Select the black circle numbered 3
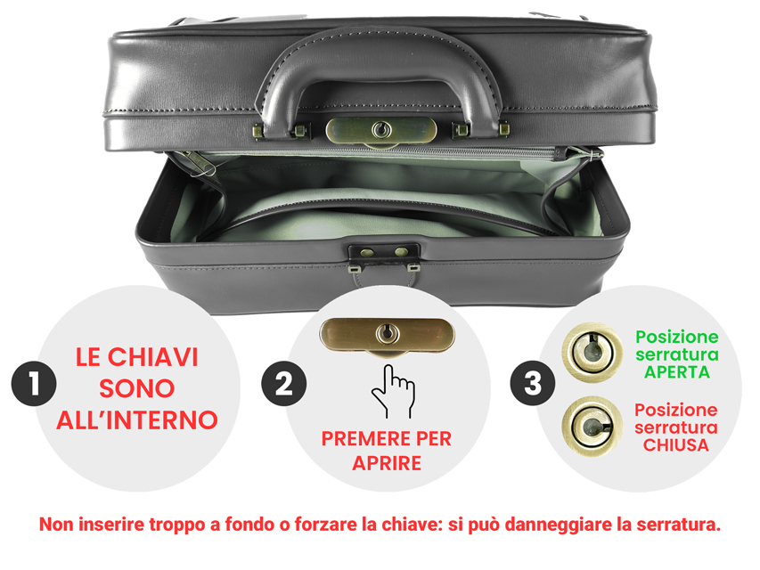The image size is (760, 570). [533, 383]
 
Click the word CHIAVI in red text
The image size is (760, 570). [152, 357]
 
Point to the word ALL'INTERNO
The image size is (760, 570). [137, 419]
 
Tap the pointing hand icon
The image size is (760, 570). [394, 391]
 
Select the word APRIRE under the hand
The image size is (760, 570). [387, 463]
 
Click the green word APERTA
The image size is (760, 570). [676, 372]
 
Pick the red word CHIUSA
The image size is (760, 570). [675, 445]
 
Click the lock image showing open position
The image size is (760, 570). [592, 353]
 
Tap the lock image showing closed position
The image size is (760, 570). [592, 427]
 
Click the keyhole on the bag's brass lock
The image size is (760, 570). [381, 129]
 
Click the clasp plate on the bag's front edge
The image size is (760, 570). [384, 252]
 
